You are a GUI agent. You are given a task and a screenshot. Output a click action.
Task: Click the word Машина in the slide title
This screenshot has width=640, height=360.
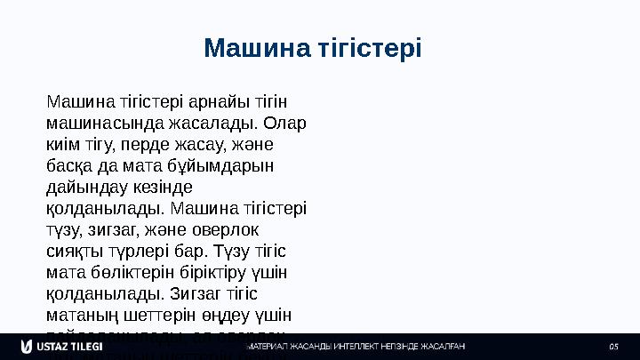tap(257, 47)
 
